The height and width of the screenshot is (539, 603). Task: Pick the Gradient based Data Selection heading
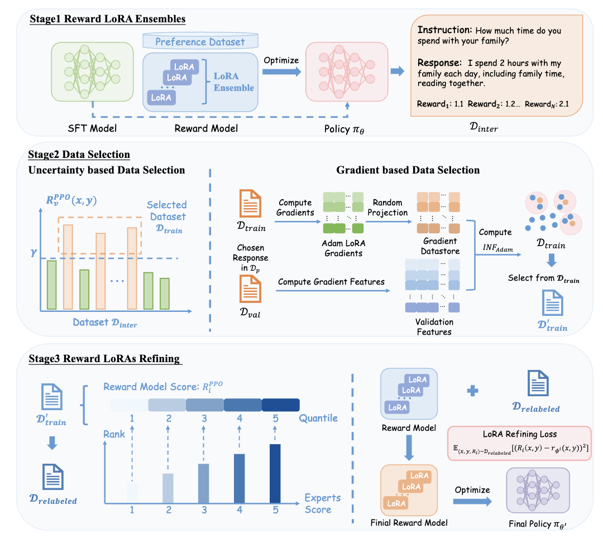[x=408, y=170]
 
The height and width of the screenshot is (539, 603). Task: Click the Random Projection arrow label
[x=391, y=208]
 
